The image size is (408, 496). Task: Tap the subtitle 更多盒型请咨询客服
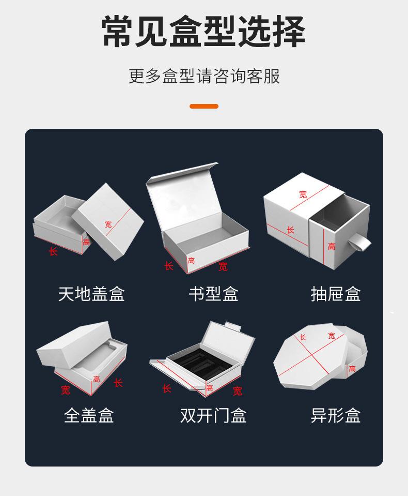click(204, 76)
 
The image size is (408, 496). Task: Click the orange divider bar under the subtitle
click(204, 107)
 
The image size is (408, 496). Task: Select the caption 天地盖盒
click(91, 294)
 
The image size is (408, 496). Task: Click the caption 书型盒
click(213, 294)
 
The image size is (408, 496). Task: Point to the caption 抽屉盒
click(336, 294)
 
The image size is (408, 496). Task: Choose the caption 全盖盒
click(89, 415)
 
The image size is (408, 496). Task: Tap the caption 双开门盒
click(213, 415)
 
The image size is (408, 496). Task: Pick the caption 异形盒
click(336, 415)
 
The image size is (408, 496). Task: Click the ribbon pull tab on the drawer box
click(359, 244)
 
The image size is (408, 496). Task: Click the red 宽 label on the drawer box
click(303, 194)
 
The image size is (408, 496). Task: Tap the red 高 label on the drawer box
click(331, 246)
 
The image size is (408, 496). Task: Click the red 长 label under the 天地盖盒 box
click(53, 251)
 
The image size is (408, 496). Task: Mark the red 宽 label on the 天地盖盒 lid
click(108, 224)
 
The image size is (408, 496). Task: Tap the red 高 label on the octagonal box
click(352, 369)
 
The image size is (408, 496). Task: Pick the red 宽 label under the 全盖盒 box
click(66, 390)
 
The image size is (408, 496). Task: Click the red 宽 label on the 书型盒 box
click(223, 267)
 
